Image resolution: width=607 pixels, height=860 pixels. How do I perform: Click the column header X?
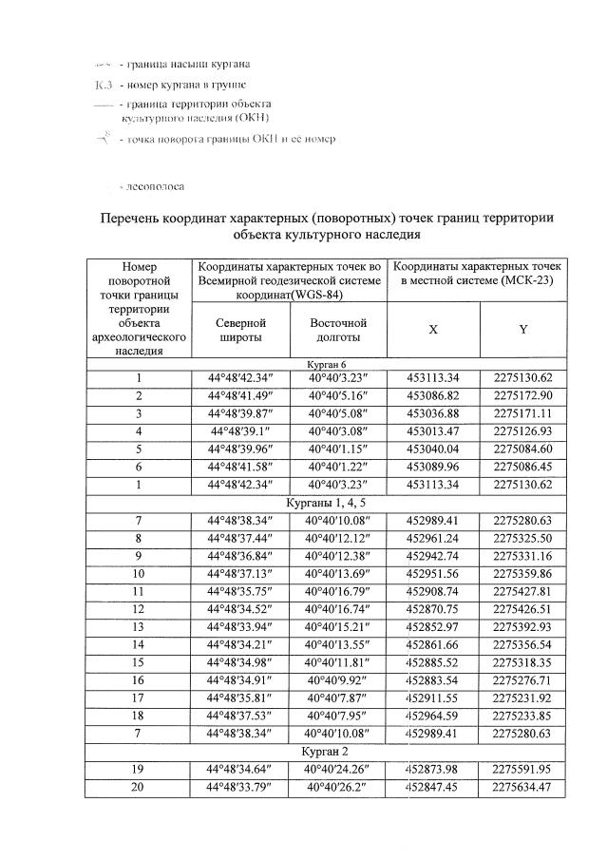(x=432, y=329)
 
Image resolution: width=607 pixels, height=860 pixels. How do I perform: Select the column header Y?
(x=522, y=329)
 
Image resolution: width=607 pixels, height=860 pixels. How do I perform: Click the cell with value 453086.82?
(x=432, y=393)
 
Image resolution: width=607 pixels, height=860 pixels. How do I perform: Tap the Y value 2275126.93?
(x=523, y=430)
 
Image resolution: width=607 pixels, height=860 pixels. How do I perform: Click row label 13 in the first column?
(x=139, y=628)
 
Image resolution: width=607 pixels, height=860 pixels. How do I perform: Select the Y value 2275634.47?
(x=523, y=786)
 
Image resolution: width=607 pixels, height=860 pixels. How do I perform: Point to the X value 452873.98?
(x=432, y=768)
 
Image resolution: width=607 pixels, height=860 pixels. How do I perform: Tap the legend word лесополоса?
(x=152, y=187)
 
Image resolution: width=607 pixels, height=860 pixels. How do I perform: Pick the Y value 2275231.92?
(x=523, y=698)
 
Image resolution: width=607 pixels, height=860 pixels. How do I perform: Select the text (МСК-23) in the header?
(x=533, y=282)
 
